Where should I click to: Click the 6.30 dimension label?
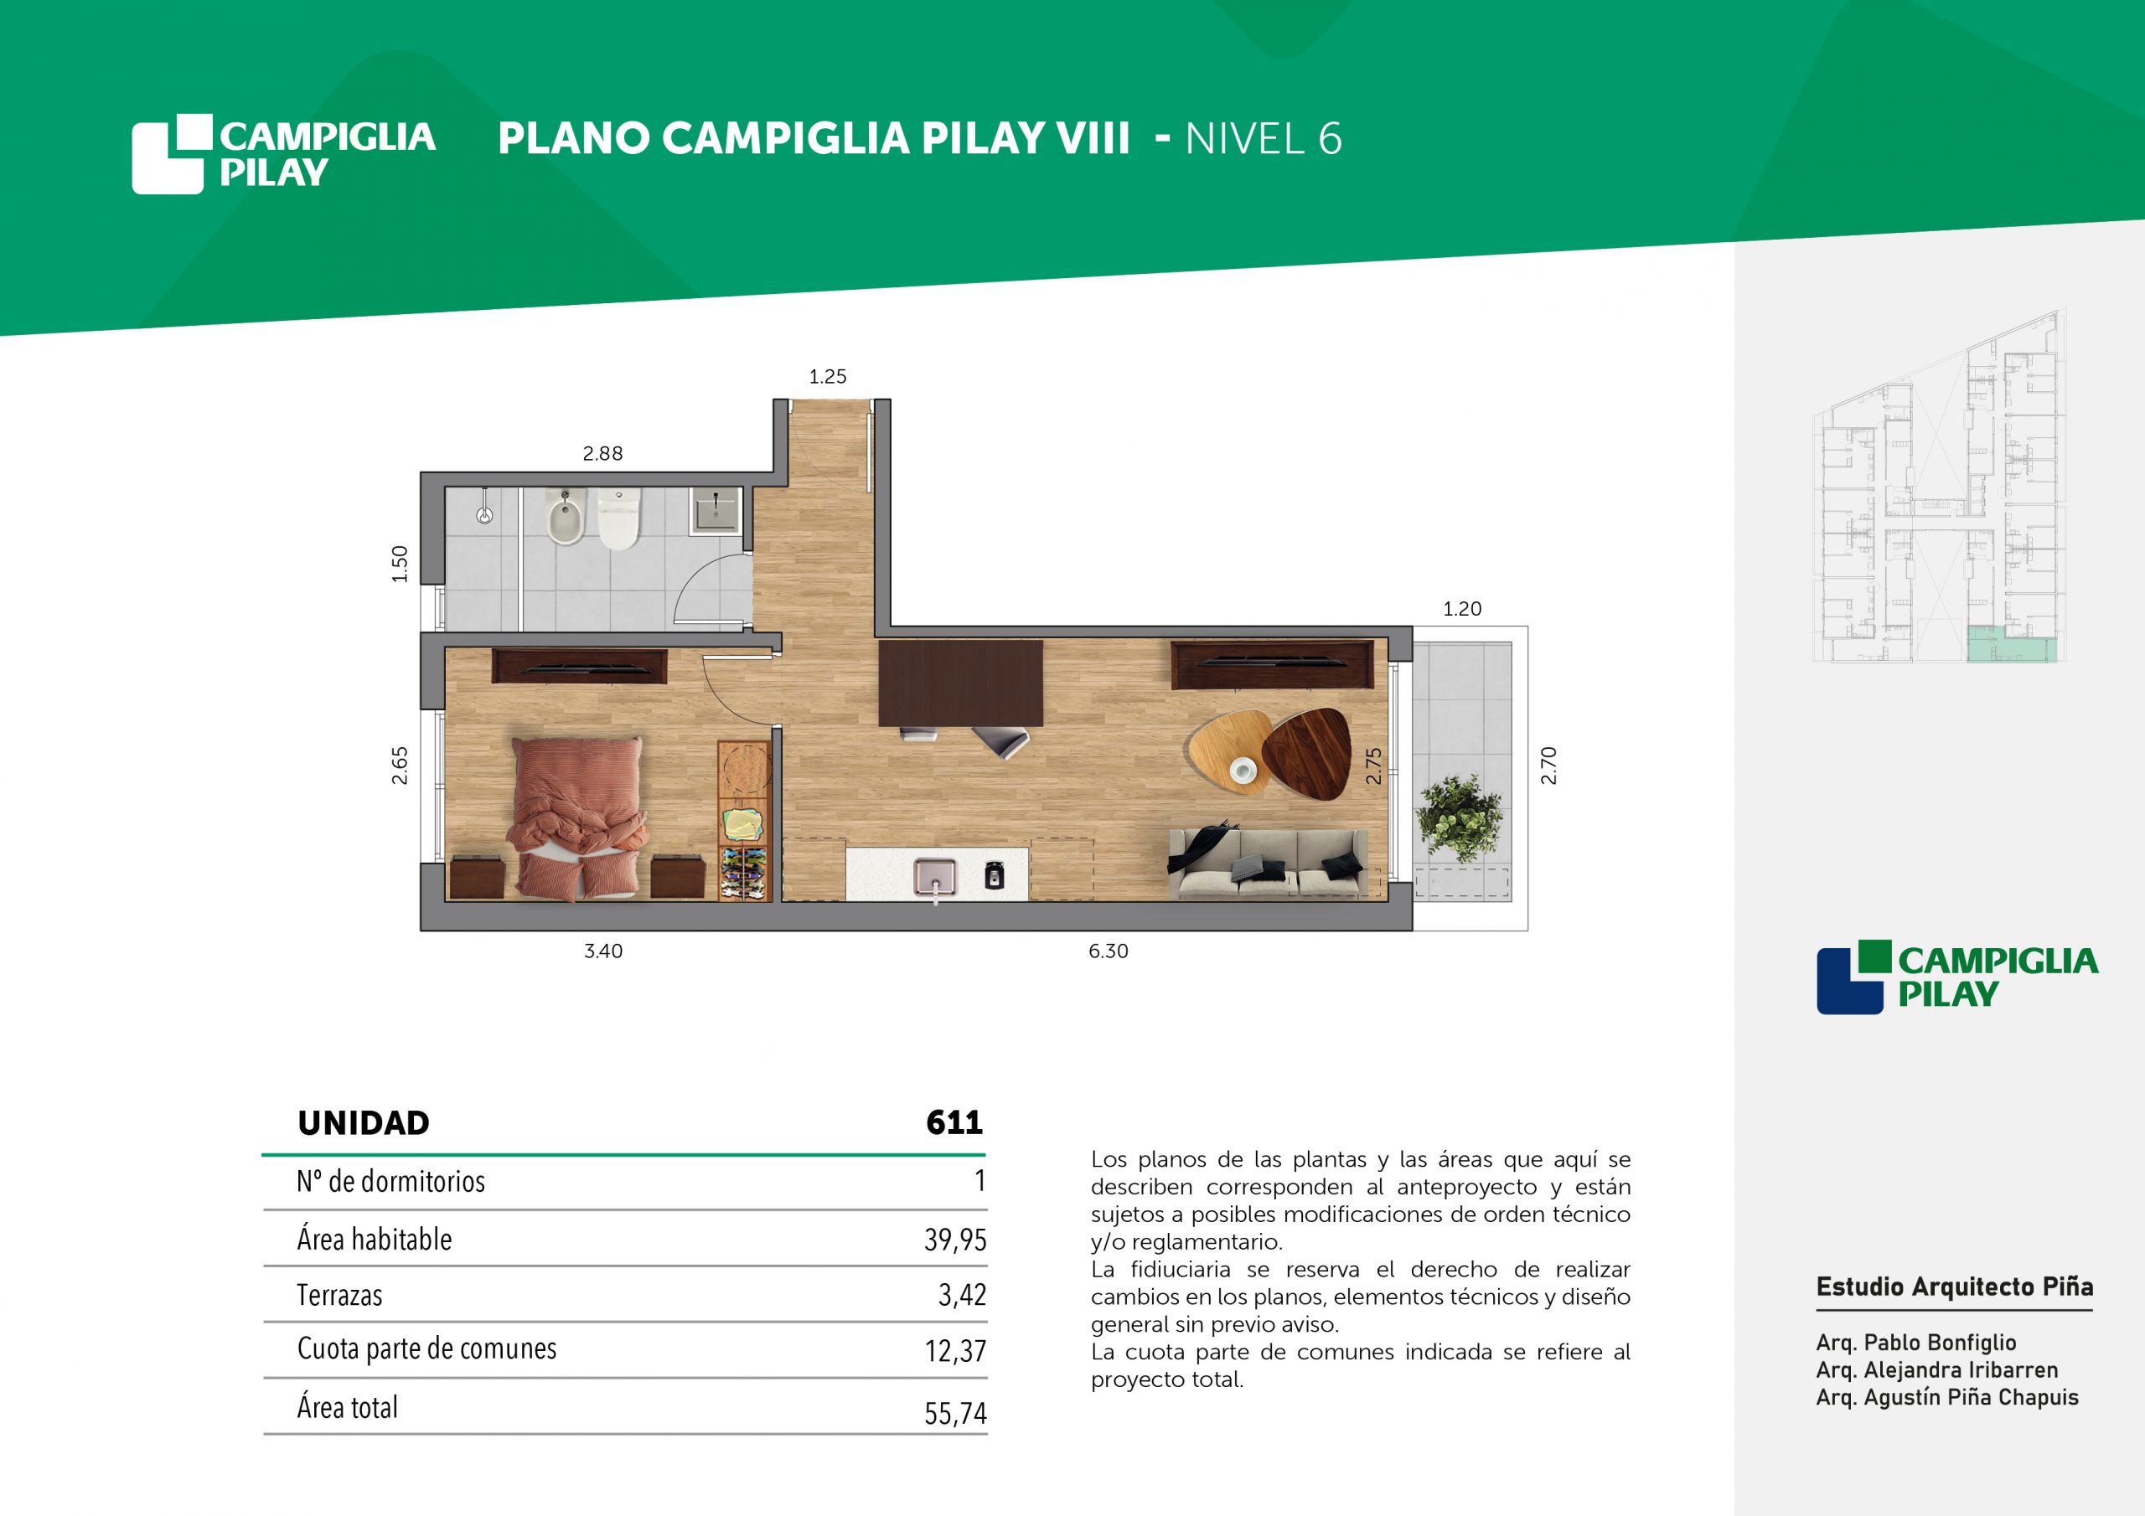(x=1108, y=951)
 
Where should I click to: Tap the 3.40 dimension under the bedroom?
(x=602, y=951)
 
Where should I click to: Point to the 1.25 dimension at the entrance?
(x=828, y=376)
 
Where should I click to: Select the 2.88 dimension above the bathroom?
(x=602, y=453)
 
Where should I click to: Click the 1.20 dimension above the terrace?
(x=1462, y=609)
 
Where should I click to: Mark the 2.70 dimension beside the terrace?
(x=1548, y=765)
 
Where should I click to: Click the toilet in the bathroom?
(x=618, y=519)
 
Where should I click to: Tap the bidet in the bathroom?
(x=566, y=518)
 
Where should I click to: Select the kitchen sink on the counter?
(x=936, y=878)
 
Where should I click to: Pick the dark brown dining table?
(x=960, y=683)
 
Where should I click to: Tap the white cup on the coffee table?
(x=1243, y=771)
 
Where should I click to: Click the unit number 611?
(x=954, y=1122)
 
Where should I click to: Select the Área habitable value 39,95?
(x=955, y=1240)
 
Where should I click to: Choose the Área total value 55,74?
(x=955, y=1413)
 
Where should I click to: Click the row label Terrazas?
(x=340, y=1296)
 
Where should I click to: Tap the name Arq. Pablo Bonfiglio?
(x=1916, y=1343)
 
